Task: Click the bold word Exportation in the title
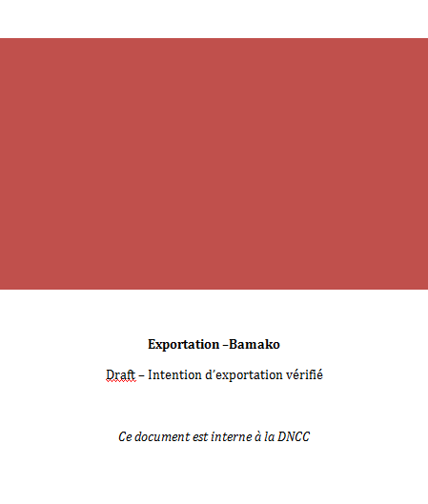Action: (184, 345)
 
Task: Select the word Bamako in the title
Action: (255, 344)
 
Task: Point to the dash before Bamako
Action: (225, 345)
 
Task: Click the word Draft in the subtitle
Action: (121, 374)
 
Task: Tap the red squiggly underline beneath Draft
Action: (121, 381)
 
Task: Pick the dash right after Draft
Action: (141, 375)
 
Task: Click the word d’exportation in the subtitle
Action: (245, 375)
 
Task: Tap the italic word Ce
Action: (125, 436)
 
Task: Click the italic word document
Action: (162, 436)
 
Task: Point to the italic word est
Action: (200, 436)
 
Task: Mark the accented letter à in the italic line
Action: (258, 436)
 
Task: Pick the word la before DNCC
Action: (270, 436)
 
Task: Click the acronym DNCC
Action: (294, 436)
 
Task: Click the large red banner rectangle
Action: (214, 164)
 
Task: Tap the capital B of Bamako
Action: (233, 344)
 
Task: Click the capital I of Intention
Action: (151, 374)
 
